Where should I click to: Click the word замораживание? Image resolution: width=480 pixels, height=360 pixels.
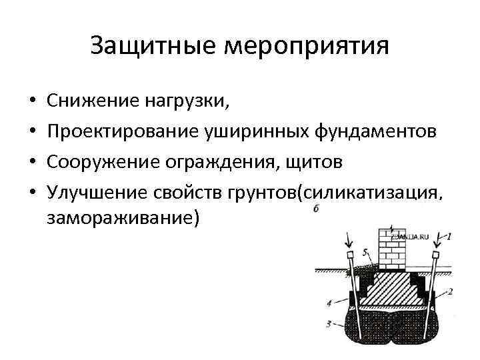pyautogui.click(x=124, y=218)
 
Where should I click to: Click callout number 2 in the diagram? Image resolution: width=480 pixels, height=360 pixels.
pyautogui.click(x=450, y=291)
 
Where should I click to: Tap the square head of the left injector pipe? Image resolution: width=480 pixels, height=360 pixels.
pyautogui.click(x=349, y=255)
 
